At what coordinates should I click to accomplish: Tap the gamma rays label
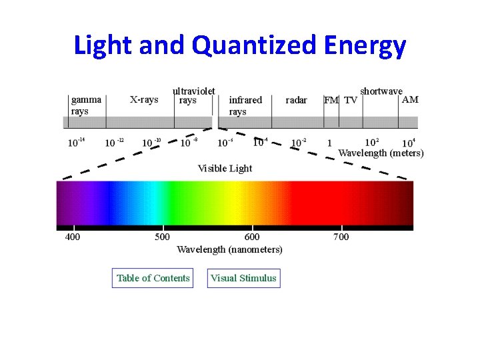pyautogui.click(x=86, y=105)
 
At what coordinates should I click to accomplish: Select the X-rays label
pyautogui.click(x=143, y=100)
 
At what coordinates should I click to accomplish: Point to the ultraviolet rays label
pyautogui.click(x=193, y=95)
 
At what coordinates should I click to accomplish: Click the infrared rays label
pyautogui.click(x=245, y=105)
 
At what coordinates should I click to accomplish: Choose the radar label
pyautogui.click(x=296, y=100)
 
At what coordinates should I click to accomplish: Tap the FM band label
pyautogui.click(x=331, y=100)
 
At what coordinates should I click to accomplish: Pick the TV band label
pyautogui.click(x=350, y=100)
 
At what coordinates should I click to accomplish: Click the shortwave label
pyautogui.click(x=381, y=91)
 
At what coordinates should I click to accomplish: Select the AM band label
pyautogui.click(x=411, y=99)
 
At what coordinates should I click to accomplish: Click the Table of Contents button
pyautogui.click(x=153, y=278)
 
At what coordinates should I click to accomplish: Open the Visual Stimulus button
pyautogui.click(x=243, y=278)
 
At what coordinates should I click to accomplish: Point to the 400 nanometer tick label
pyautogui.click(x=72, y=237)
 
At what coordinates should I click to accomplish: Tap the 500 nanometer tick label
pyautogui.click(x=162, y=237)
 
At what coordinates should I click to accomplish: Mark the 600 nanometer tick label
pyautogui.click(x=252, y=237)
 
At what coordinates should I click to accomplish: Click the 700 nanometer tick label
pyautogui.click(x=341, y=237)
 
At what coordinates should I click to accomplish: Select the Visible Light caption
pyautogui.click(x=225, y=168)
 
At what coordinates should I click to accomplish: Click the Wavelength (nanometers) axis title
pyautogui.click(x=229, y=250)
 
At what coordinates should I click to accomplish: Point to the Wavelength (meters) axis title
pyautogui.click(x=381, y=153)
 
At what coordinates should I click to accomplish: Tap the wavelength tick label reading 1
pyautogui.click(x=329, y=143)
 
